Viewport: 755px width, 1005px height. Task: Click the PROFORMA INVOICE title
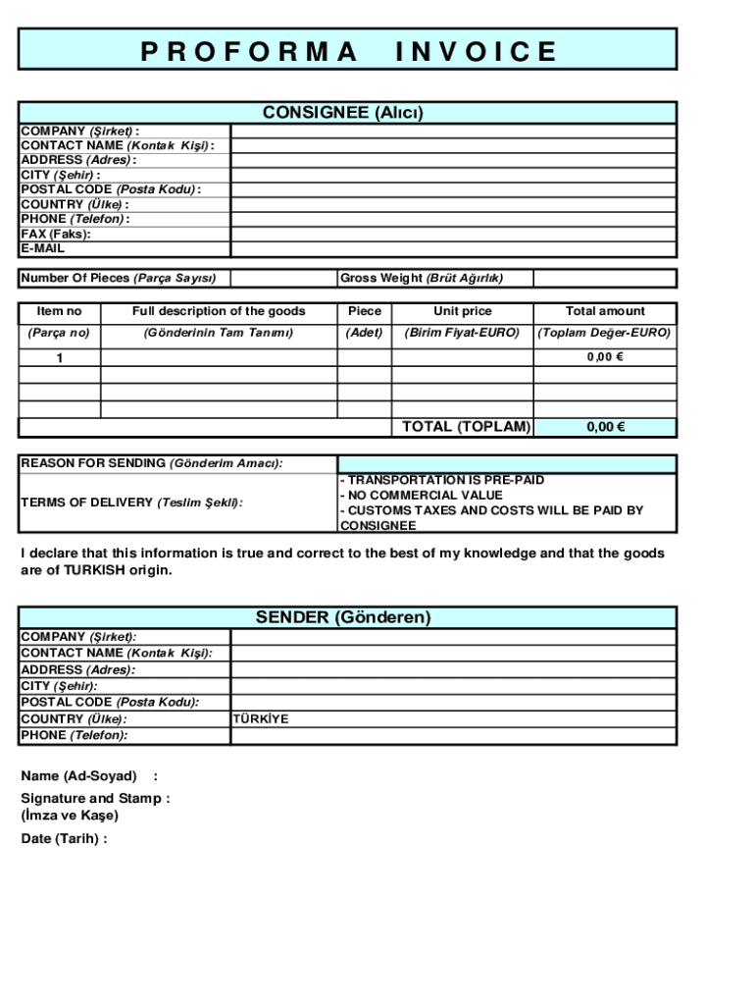pyautogui.click(x=348, y=51)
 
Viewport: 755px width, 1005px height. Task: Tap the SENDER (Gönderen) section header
pyautogui.click(x=343, y=617)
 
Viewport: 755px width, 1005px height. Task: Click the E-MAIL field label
pyautogui.click(x=43, y=248)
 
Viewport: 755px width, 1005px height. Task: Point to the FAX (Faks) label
pyautogui.click(x=56, y=234)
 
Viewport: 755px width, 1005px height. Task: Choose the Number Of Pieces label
pyautogui.click(x=119, y=278)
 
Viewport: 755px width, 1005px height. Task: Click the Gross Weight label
pyautogui.click(x=422, y=278)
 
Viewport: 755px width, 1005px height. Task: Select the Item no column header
pyautogui.click(x=59, y=311)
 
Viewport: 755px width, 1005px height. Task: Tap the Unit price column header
pyautogui.click(x=462, y=311)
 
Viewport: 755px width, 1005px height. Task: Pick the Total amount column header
pyautogui.click(x=605, y=311)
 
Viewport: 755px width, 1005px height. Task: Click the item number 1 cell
pyautogui.click(x=59, y=358)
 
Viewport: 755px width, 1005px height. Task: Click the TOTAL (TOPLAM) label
pyautogui.click(x=467, y=427)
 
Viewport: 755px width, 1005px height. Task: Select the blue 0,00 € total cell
pyautogui.click(x=606, y=427)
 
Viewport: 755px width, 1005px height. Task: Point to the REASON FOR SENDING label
pyautogui.click(x=152, y=463)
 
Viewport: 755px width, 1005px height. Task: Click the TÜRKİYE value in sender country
pyautogui.click(x=261, y=718)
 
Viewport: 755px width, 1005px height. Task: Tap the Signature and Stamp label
pyautogui.click(x=95, y=798)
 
